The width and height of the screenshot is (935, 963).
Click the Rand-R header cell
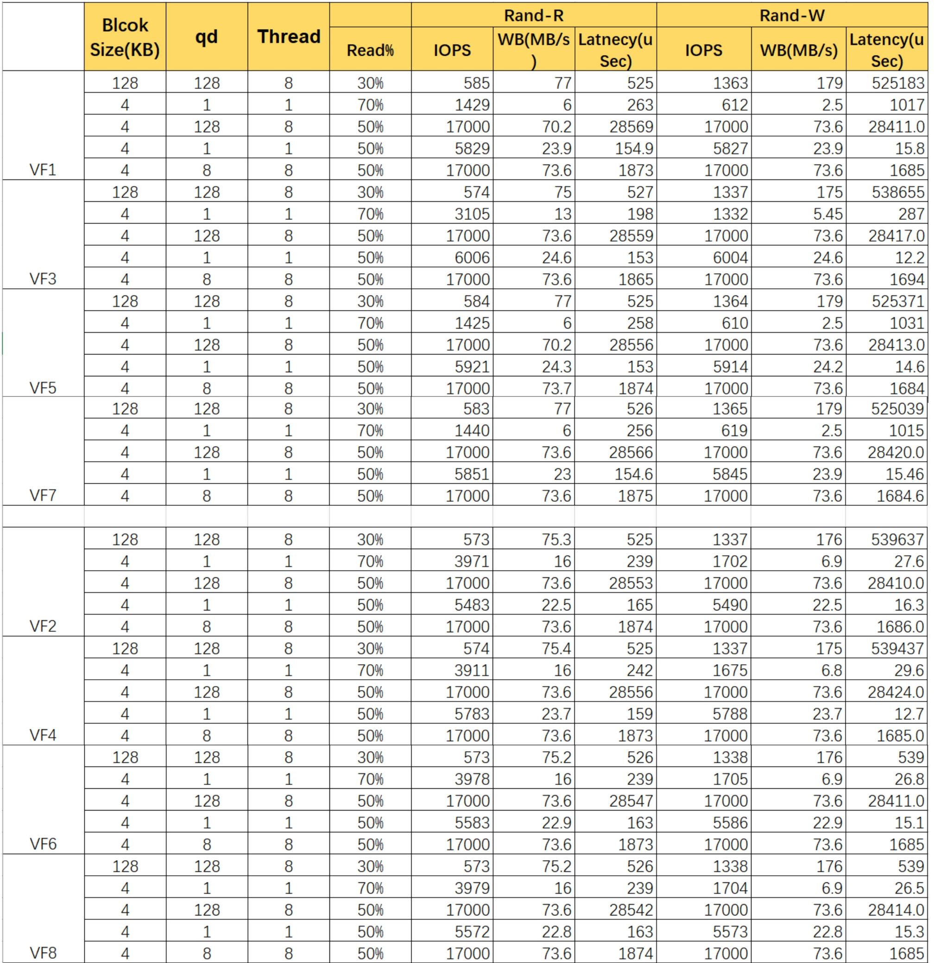pos(533,15)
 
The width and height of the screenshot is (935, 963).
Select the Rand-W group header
pos(792,15)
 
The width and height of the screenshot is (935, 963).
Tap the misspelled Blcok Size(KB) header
pos(125,37)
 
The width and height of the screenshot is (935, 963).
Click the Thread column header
pos(288,37)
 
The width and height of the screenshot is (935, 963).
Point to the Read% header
pos(370,50)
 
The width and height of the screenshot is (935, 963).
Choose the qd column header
pos(206,37)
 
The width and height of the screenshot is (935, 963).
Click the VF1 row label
pos(43,170)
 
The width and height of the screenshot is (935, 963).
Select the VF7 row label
pos(43,495)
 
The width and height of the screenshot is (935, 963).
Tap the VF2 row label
pos(43,626)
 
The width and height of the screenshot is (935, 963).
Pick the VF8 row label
pos(43,953)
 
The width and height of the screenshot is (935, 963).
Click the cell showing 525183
pos(897,83)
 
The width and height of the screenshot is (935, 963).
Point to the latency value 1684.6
pos(900,496)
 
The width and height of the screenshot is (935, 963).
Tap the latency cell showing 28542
pos(631,909)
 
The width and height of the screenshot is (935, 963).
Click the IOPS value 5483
pos(471,605)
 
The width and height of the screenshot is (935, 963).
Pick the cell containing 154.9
pos(634,148)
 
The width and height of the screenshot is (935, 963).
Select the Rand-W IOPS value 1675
pos(730,670)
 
